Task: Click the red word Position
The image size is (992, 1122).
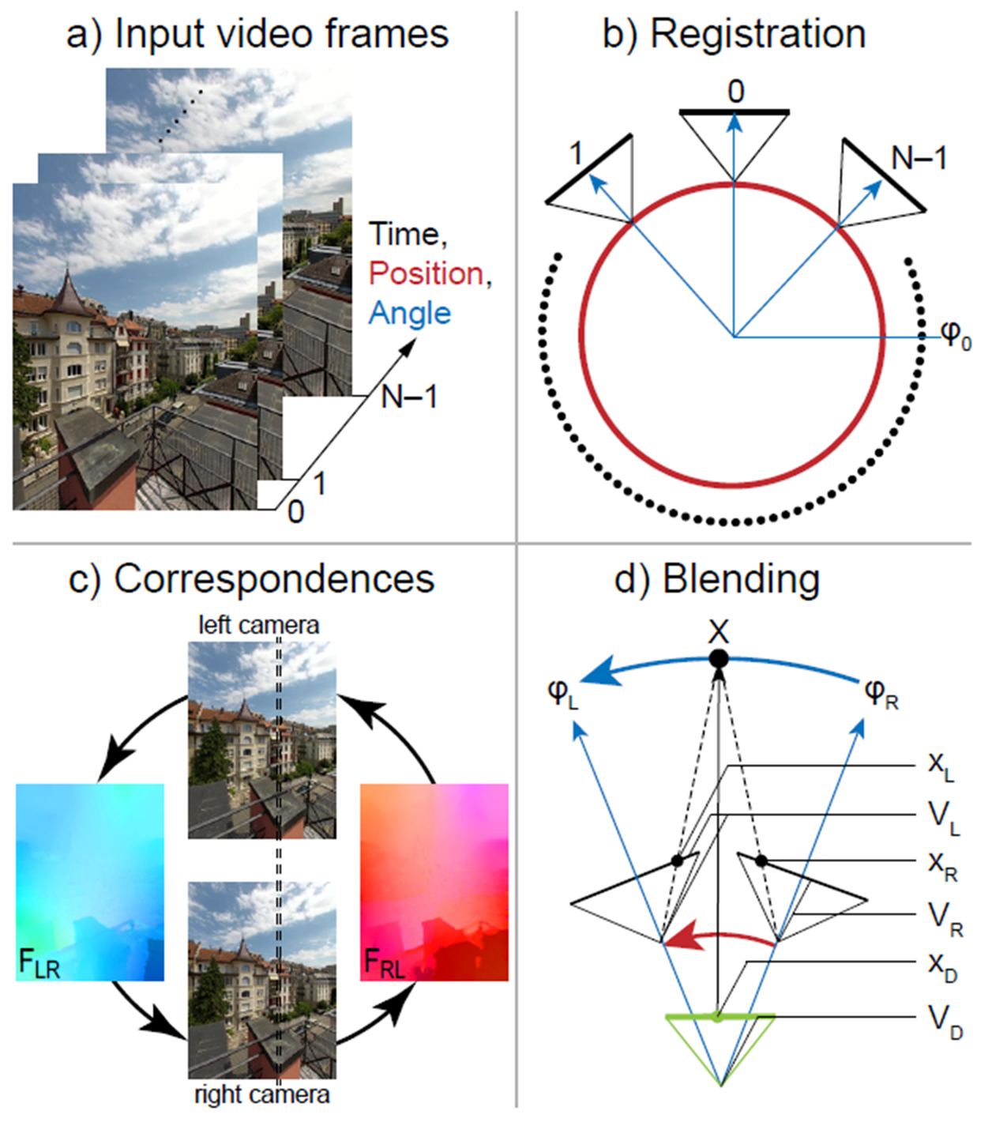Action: coord(426,273)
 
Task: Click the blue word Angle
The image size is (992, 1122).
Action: coord(409,314)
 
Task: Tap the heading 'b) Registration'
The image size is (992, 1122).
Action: coord(734,34)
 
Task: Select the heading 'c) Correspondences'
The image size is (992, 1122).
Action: coord(251,578)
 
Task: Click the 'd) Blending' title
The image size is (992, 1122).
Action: coord(717,578)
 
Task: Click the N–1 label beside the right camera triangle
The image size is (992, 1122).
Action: coord(919,159)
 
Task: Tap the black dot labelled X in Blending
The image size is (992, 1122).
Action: coord(718,658)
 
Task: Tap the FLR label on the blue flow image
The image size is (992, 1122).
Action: coord(39,963)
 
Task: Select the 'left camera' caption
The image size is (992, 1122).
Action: coord(258,625)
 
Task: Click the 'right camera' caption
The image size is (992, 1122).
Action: coord(261,1094)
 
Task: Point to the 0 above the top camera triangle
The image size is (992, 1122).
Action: coord(735,92)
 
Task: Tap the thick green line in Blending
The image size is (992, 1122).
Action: coord(719,1017)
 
